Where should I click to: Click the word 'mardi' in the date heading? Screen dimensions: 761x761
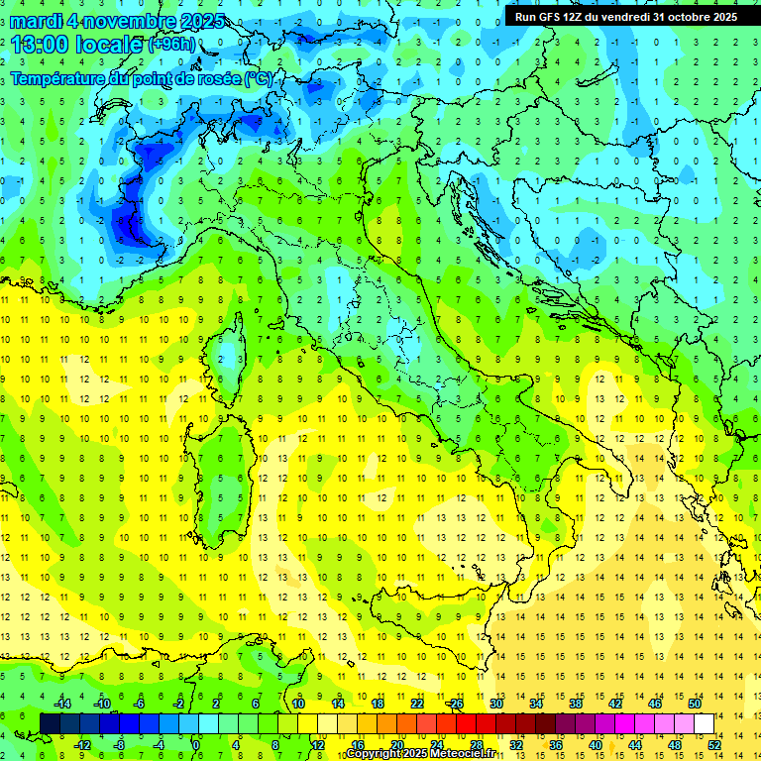[x=36, y=21]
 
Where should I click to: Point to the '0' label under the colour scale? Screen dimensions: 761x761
[x=195, y=744]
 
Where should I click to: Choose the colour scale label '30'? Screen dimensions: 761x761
[x=496, y=704]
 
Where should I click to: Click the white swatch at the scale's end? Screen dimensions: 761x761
[x=704, y=723]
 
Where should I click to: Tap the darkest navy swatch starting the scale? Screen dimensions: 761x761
[x=50, y=723]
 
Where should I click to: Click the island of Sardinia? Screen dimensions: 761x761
[x=218, y=466]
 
